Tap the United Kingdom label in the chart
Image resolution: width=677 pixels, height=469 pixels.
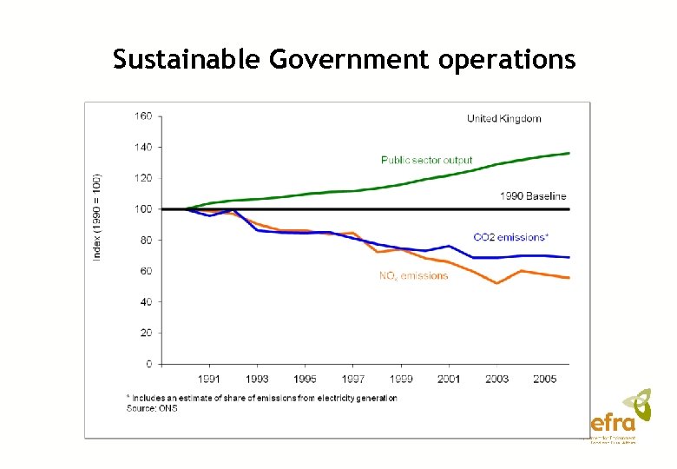503,118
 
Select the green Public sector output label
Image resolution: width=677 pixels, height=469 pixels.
427,160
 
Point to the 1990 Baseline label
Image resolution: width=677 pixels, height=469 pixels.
532,196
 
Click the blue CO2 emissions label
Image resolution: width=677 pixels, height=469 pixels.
510,236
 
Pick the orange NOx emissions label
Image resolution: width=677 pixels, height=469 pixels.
413,276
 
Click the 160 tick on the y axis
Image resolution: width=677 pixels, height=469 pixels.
143,116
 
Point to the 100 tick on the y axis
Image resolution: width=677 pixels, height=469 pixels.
143,209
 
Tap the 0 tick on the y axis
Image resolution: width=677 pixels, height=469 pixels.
148,364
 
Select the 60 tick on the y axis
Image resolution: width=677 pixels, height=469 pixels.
145,271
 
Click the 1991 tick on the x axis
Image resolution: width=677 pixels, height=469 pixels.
208,379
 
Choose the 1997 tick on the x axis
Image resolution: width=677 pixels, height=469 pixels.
352,379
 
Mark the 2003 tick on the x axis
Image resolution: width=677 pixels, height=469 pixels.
496,379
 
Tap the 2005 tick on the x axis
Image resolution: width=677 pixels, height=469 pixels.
544,379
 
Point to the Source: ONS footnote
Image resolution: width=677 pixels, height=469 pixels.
152,408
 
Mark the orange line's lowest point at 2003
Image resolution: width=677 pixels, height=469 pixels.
496,283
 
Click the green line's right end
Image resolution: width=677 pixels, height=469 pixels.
569,153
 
